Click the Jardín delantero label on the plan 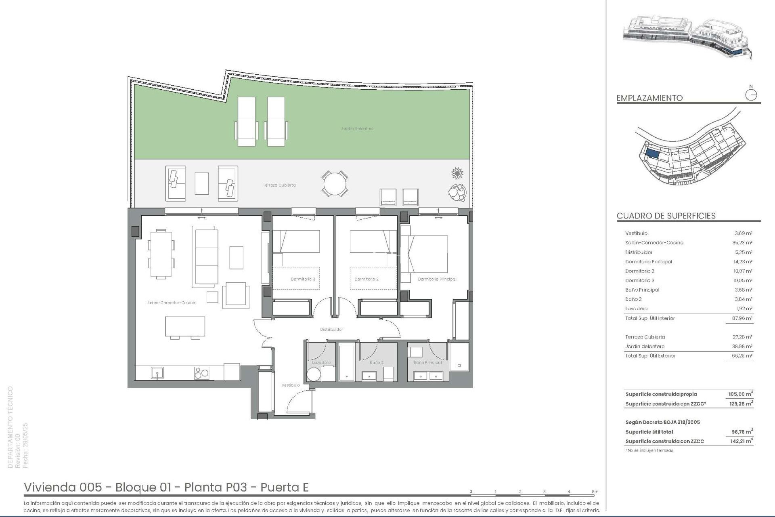point(357,128)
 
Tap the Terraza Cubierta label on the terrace point(279,185)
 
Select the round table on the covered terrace point(335,184)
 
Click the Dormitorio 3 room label point(303,279)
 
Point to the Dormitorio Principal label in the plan point(437,279)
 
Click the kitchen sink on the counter point(157,372)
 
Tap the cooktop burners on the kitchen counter point(201,372)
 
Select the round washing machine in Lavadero point(314,374)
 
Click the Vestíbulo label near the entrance point(290,385)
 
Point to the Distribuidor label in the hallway point(331,329)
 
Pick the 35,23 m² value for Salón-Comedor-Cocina point(743,243)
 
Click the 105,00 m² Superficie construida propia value point(741,394)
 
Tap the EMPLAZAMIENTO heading point(649,98)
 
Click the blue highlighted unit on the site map point(653,154)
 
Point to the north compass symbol point(751,95)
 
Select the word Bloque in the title point(136,488)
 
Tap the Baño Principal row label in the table point(642,290)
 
